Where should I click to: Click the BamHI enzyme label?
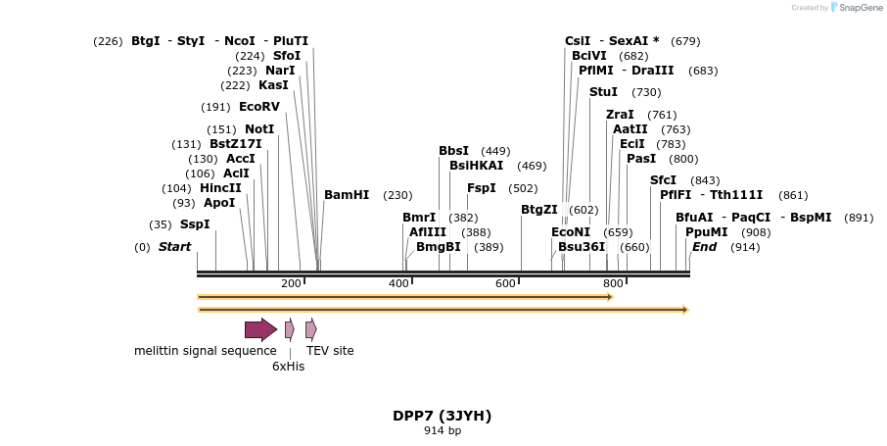pyautogui.click(x=347, y=195)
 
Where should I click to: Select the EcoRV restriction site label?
pyautogui.click(x=259, y=107)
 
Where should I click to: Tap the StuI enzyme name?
pyautogui.click(x=603, y=92)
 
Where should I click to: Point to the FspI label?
pyautogui.click(x=482, y=188)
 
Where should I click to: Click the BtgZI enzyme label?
pyautogui.click(x=539, y=210)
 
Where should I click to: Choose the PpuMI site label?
pyautogui.click(x=707, y=232)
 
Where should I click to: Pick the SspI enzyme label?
pyautogui.click(x=195, y=224)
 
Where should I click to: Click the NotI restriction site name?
pyautogui.click(x=259, y=129)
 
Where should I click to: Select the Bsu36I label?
pyautogui.click(x=582, y=247)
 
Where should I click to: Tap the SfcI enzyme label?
pyautogui.click(x=664, y=180)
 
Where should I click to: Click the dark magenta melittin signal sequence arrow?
pyautogui.click(x=260, y=329)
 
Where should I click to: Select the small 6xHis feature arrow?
pyautogui.click(x=290, y=329)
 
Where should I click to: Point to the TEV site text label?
pyautogui.click(x=330, y=351)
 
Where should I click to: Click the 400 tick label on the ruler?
pyautogui.click(x=398, y=284)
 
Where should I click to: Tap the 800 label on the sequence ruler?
pyautogui.click(x=612, y=284)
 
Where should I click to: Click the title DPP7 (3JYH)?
pyautogui.click(x=443, y=416)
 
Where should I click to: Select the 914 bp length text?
pyautogui.click(x=443, y=430)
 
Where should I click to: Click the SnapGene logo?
pyautogui.click(x=857, y=8)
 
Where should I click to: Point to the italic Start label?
pyautogui.click(x=175, y=247)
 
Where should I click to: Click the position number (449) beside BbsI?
pyautogui.click(x=495, y=151)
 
